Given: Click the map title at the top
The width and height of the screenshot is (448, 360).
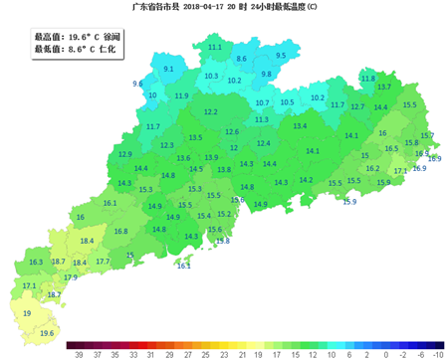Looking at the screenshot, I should [224, 7].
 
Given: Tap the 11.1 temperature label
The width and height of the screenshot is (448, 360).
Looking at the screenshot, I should [215, 47].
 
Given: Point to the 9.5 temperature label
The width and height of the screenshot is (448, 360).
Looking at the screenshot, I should [281, 56].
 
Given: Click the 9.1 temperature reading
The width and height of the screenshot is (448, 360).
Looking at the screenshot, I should [168, 70].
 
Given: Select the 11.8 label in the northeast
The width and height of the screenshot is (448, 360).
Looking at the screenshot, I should [368, 79].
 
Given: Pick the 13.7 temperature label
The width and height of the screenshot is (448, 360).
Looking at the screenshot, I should [384, 88].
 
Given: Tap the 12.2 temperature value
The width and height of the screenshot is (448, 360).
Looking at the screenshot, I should [211, 112].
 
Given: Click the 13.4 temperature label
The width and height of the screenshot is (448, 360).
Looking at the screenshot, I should [301, 126].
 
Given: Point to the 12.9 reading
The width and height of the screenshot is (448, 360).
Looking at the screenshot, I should [125, 154].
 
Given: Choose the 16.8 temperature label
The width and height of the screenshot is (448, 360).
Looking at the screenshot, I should [120, 231].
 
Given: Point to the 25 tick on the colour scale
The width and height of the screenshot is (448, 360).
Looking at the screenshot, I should [205, 353].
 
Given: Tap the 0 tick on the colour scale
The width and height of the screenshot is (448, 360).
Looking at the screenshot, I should [369, 353].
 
